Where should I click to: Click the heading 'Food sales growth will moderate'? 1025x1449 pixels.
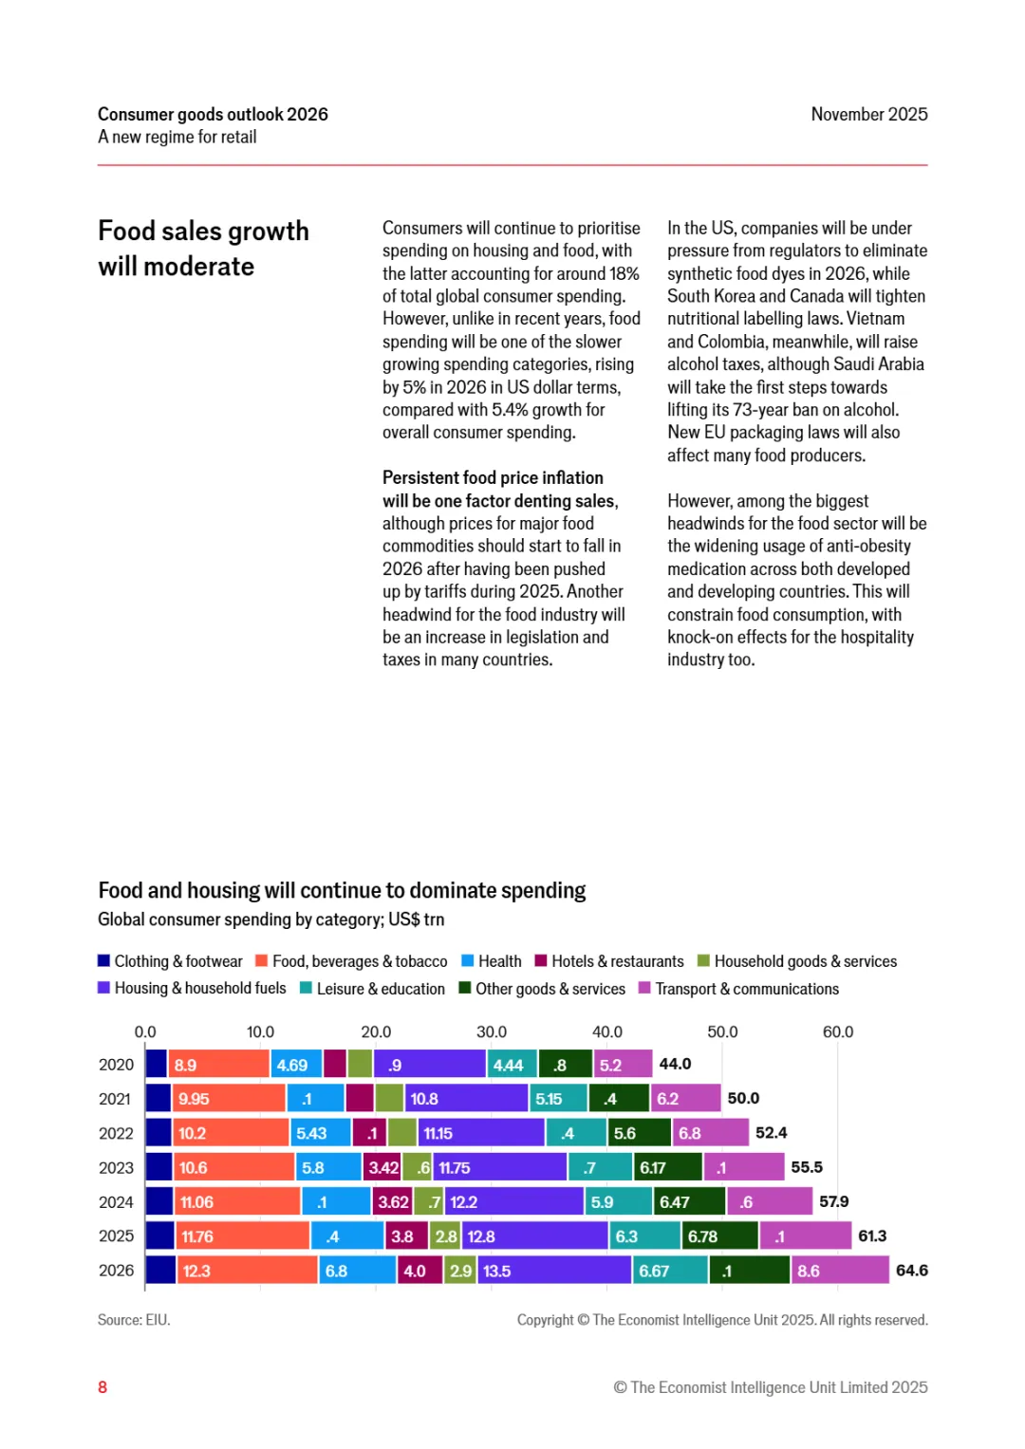point(203,249)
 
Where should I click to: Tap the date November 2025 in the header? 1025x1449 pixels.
point(868,115)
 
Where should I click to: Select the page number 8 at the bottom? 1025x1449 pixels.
point(102,1387)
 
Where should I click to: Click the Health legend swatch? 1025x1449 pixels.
point(468,961)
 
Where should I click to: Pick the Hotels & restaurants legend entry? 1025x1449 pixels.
point(609,961)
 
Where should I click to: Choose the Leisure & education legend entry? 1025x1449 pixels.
point(372,989)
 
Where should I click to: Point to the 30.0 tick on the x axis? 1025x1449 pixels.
point(492,1032)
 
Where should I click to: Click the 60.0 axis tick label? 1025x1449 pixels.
point(837,1032)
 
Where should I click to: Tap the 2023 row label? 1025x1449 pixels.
point(116,1168)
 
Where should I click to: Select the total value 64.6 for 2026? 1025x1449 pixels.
point(911,1271)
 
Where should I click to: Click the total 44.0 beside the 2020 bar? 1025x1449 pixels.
point(675,1065)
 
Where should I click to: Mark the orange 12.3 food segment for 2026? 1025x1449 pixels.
point(246,1271)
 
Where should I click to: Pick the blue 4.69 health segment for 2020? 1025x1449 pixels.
point(296,1065)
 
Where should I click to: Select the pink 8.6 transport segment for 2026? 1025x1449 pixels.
point(840,1271)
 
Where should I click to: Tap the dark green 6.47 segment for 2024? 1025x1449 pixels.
point(689,1202)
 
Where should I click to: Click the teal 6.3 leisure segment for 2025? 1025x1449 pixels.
point(644,1236)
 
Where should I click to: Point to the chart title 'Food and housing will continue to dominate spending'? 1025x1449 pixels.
point(342,891)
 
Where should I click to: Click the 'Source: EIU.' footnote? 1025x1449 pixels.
point(134,1320)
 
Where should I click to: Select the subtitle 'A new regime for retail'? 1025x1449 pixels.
point(177,138)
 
